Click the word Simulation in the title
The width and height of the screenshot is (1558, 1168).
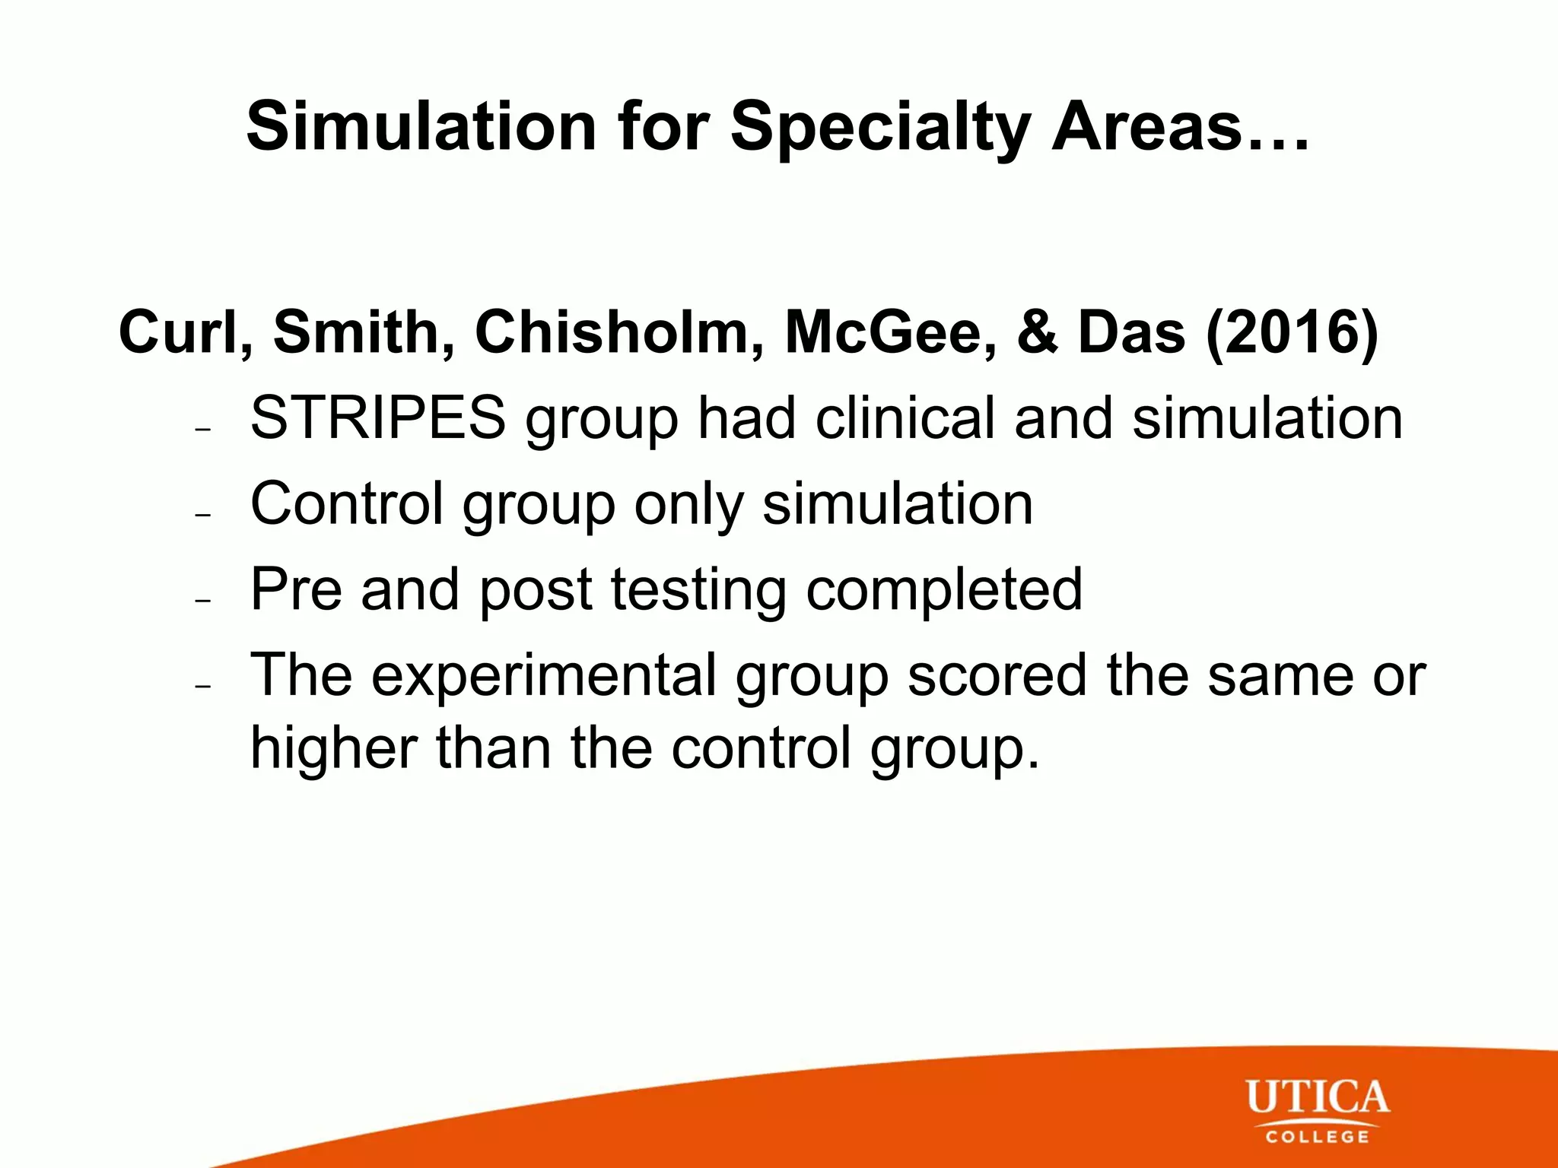click(x=421, y=127)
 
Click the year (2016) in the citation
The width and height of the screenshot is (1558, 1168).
click(x=1292, y=332)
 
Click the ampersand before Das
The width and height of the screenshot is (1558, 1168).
click(x=1036, y=332)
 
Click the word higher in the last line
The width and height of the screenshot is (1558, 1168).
click(x=333, y=749)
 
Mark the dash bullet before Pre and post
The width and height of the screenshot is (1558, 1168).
click(x=202, y=601)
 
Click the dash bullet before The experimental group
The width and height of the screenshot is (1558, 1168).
click(x=202, y=686)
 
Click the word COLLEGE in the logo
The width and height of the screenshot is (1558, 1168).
click(x=1318, y=1138)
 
